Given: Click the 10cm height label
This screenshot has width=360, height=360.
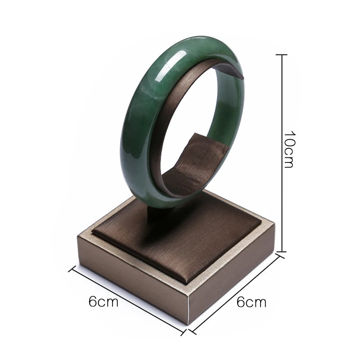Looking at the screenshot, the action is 289,149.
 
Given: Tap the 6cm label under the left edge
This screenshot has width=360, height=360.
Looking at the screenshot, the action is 103,301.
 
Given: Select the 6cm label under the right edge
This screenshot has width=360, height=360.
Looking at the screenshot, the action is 252,301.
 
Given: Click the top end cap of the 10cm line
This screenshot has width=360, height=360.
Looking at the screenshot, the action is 281,55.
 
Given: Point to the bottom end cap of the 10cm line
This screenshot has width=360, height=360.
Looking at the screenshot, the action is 281,252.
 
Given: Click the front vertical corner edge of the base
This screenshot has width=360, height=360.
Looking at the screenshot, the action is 188,310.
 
